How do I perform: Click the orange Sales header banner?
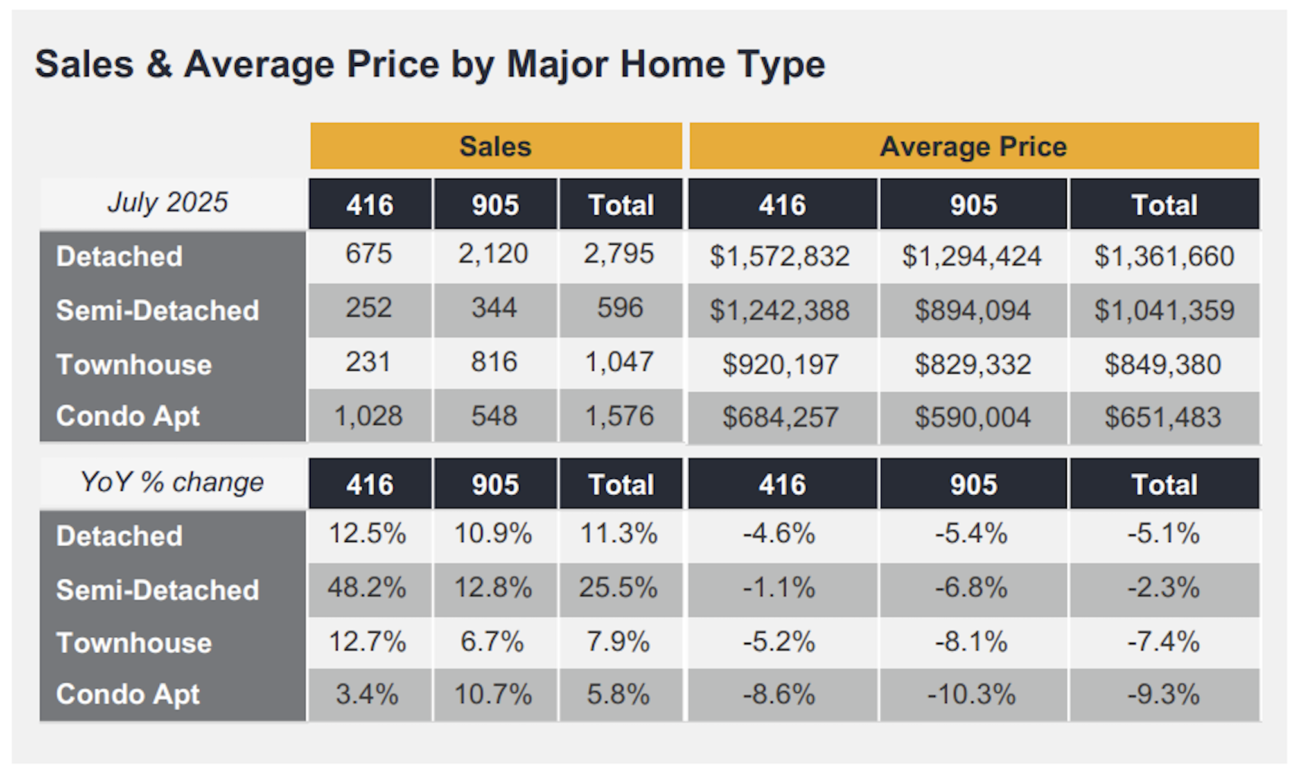click(495, 146)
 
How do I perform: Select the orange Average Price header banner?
click(973, 146)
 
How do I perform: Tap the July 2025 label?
click(168, 202)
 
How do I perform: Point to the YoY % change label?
click(171, 482)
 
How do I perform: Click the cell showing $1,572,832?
click(780, 256)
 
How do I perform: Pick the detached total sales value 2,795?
click(619, 254)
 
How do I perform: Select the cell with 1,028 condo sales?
click(368, 416)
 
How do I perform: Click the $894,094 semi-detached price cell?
click(972, 311)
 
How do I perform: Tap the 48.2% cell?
click(367, 588)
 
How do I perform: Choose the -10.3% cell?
click(971, 694)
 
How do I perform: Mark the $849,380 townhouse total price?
click(1163, 365)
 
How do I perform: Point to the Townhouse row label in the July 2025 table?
click(134, 365)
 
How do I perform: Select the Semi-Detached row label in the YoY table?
click(157, 590)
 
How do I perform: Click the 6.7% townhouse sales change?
click(492, 642)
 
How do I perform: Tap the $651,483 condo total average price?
click(1163, 417)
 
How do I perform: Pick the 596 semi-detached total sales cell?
click(620, 308)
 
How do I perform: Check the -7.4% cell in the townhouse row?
click(1163, 642)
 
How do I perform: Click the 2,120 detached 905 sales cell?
click(493, 254)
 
